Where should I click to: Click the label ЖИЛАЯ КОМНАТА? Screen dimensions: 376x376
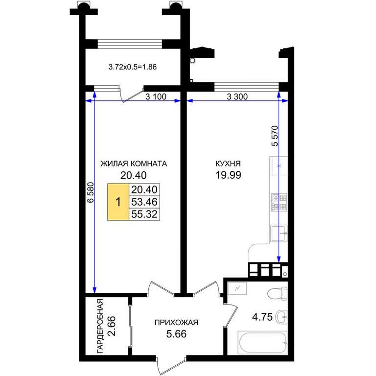[134, 164]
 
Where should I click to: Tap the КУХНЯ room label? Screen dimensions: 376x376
[228, 164]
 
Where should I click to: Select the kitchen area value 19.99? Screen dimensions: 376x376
[228, 175]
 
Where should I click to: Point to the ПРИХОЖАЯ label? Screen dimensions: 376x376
[176, 323]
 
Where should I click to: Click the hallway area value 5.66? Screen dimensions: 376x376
[176, 334]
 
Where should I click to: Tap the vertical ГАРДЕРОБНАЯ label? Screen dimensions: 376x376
[100, 326]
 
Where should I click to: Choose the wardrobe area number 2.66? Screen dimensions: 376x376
[112, 326]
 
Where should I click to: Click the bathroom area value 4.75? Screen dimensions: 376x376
[262, 317]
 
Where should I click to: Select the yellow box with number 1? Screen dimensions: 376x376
[118, 202]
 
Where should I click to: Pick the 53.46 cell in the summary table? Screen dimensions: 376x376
[144, 202]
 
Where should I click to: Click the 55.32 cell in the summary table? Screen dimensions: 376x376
[144, 214]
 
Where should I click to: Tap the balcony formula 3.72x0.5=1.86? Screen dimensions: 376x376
[133, 67]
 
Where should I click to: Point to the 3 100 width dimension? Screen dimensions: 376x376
[156, 96]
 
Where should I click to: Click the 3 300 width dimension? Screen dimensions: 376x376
[237, 96]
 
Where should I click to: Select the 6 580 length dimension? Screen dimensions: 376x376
[91, 192]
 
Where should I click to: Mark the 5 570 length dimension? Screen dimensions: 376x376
[275, 136]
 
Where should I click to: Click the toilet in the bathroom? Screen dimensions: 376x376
[278, 294]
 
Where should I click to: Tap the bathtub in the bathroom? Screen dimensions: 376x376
[262, 343]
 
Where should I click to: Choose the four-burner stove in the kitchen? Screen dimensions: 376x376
[279, 202]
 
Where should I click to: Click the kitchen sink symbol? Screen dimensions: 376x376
[279, 234]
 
